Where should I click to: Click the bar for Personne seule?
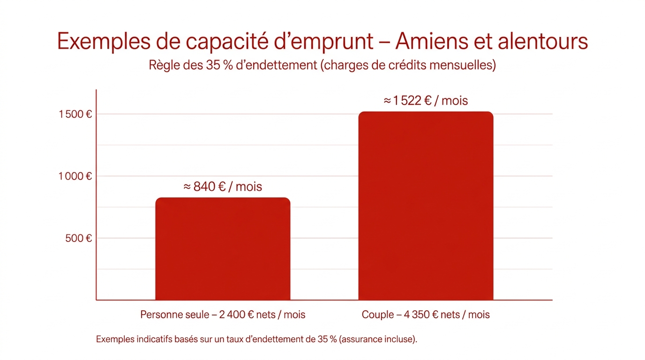pos(223,249)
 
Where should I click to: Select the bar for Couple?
pos(426,206)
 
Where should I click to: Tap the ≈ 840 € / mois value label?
pos(223,187)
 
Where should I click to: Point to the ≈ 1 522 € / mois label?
pos(426,101)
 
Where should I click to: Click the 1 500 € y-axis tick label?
pos(75,114)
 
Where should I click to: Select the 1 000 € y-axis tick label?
pos(75,176)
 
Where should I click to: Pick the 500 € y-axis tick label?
pos(79,238)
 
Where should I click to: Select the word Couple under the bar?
pos(378,315)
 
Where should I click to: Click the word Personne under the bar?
pos(159,315)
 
